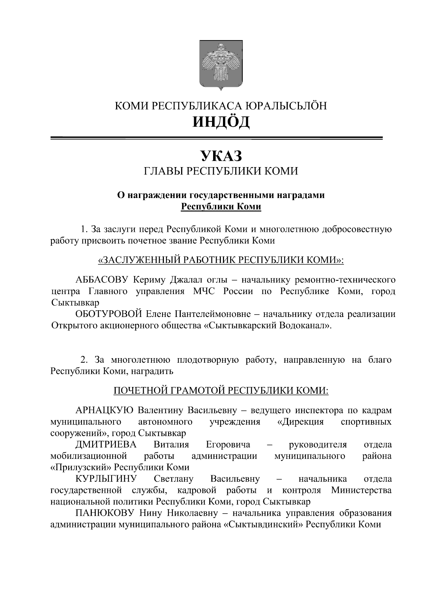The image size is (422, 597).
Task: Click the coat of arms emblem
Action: pyautogui.click(x=221, y=65)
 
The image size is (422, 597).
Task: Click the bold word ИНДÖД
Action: pyautogui.click(x=221, y=122)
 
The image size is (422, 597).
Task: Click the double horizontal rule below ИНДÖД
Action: pyautogui.click(x=216, y=138)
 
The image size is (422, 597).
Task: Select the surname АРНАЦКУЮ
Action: pyautogui.click(x=104, y=410)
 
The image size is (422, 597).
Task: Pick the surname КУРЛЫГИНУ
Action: pyautogui.click(x=106, y=478)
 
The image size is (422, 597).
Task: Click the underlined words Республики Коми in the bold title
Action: pyautogui.click(x=221, y=207)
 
